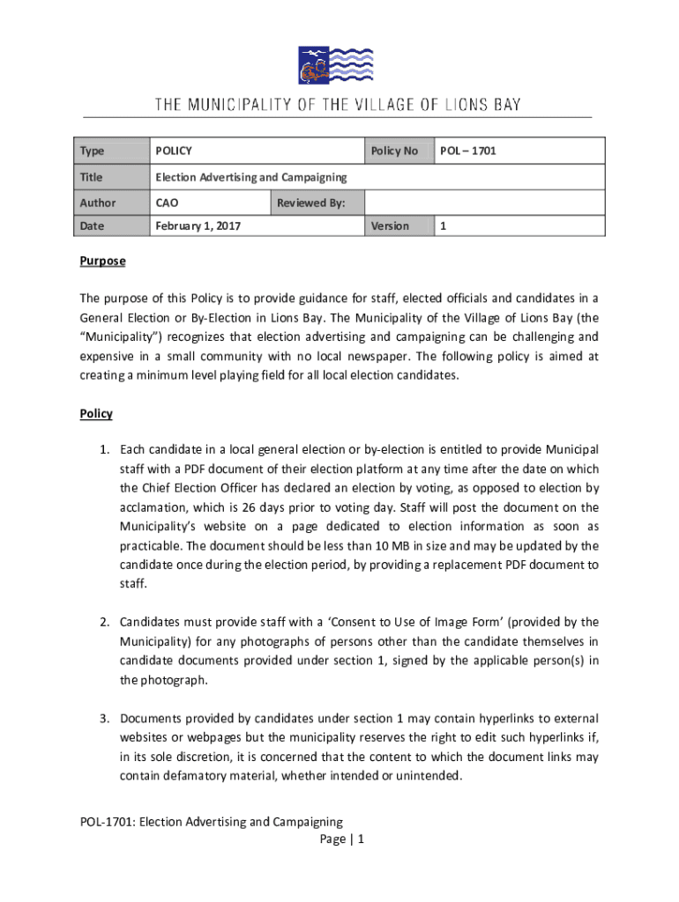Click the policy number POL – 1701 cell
point(467,152)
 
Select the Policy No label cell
point(394,152)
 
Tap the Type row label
point(92,152)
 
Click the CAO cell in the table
point(167,203)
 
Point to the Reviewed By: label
point(310,203)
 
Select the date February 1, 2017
point(198,226)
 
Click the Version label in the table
point(390,226)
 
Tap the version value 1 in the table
point(444,226)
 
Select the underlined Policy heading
point(96,413)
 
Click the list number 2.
point(102,623)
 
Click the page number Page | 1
point(342,839)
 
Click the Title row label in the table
point(92,177)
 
